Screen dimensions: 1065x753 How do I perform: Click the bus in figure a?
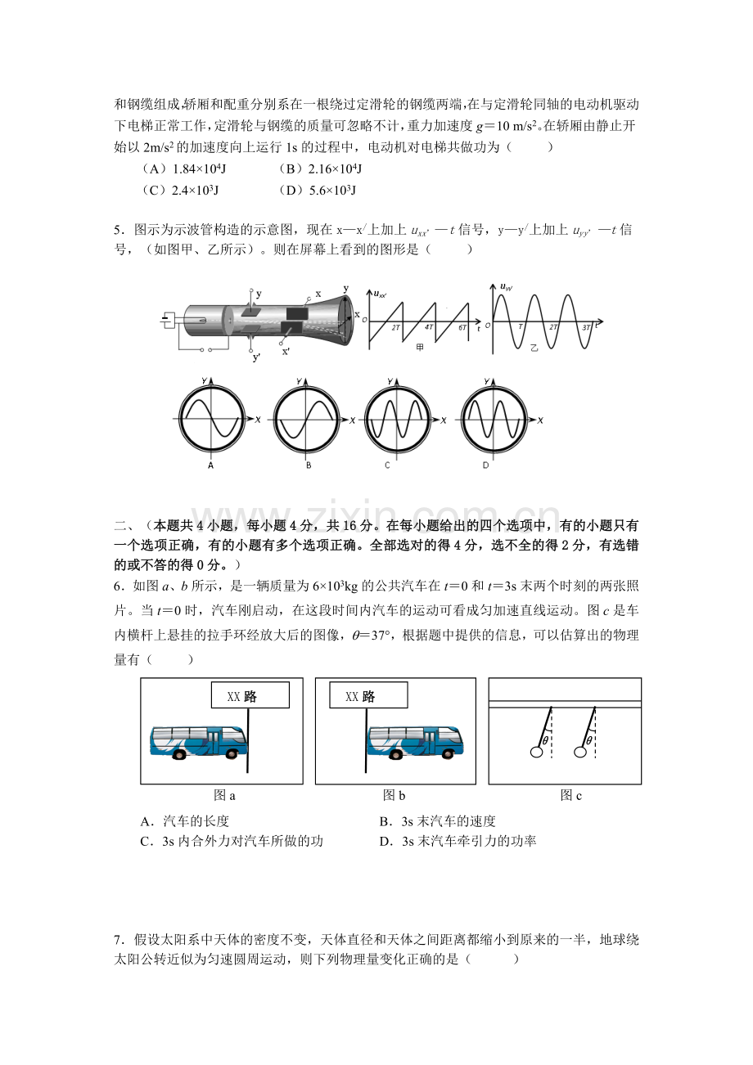click(197, 743)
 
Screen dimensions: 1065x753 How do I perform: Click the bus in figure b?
click(415, 743)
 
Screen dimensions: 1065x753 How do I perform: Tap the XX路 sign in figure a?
click(250, 696)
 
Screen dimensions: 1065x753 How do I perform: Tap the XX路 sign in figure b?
click(367, 696)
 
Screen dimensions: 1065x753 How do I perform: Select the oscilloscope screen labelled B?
click(307, 418)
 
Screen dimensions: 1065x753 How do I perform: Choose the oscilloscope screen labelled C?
click(398, 418)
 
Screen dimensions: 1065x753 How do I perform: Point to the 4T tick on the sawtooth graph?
click(429, 326)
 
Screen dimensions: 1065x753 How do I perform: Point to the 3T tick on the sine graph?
click(585, 327)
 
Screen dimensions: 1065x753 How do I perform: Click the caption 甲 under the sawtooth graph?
click(420, 347)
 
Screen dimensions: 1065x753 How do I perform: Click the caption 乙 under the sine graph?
click(534, 348)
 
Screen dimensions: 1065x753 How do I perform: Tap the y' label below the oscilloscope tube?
click(256, 357)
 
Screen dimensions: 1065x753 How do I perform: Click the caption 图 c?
click(570, 795)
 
